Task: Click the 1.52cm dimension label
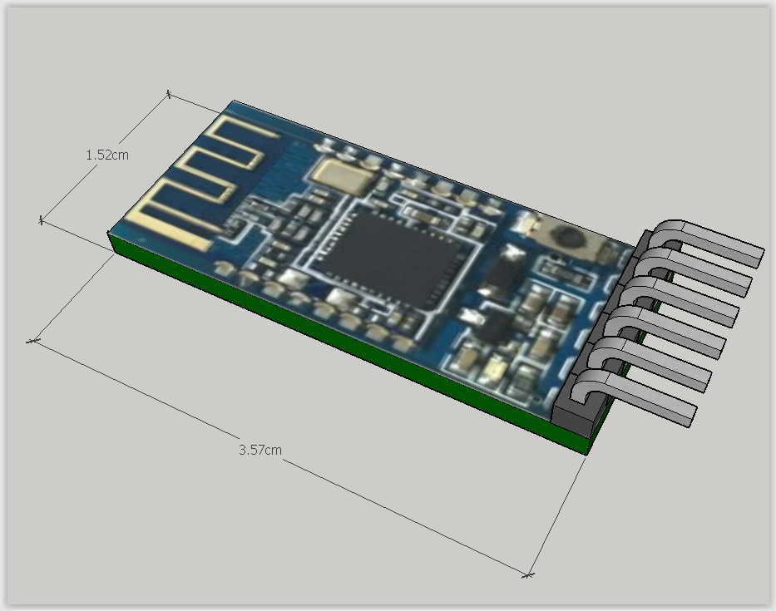pyautogui.click(x=107, y=155)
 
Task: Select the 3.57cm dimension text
pyautogui.click(x=259, y=450)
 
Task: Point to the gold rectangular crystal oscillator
pyautogui.click(x=339, y=174)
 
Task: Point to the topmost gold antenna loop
pyautogui.click(x=241, y=137)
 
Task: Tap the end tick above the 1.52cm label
pyautogui.click(x=169, y=94)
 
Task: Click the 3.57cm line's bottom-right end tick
pyautogui.click(x=528, y=574)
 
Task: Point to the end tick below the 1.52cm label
pyautogui.click(x=41, y=219)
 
